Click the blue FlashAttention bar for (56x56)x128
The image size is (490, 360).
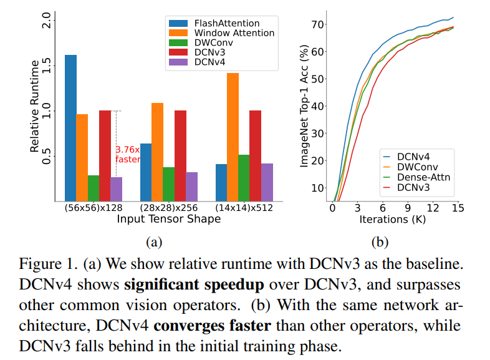click(70, 128)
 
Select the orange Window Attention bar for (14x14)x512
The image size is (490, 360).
click(233, 137)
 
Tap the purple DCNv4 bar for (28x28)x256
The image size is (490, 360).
click(191, 187)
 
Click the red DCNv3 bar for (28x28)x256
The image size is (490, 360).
click(180, 156)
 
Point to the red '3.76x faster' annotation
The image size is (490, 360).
click(128, 154)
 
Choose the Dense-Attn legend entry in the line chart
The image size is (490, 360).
click(420, 177)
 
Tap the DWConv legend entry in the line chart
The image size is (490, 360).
click(415, 167)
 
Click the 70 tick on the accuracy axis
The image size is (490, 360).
click(318, 25)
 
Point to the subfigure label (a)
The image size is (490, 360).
click(154, 241)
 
